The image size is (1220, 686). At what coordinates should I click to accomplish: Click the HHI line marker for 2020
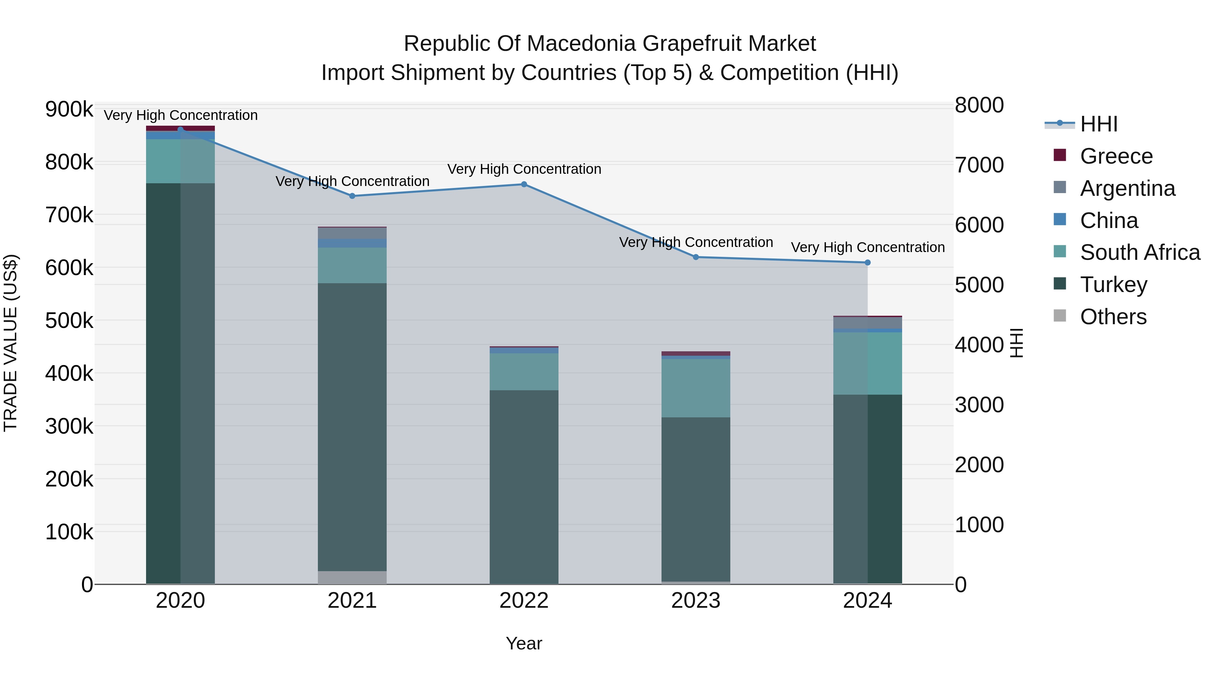click(x=180, y=129)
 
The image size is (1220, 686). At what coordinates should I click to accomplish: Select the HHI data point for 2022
click(x=524, y=184)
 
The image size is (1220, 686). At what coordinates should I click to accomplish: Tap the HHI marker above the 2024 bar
click(x=868, y=262)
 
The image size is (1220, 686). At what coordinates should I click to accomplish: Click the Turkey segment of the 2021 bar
click(x=352, y=426)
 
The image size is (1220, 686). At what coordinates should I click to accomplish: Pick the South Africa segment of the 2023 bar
click(x=696, y=388)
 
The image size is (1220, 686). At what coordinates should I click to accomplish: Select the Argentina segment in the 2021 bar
click(x=352, y=233)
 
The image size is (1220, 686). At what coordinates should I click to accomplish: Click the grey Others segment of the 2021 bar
click(x=352, y=577)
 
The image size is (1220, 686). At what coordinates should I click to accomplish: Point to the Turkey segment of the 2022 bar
click(x=524, y=487)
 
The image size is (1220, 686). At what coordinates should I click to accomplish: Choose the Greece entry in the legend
click(x=1116, y=156)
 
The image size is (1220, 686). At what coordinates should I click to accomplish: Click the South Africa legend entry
click(x=1139, y=252)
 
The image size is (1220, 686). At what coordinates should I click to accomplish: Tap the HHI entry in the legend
click(x=1098, y=124)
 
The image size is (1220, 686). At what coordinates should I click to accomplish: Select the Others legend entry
click(x=1113, y=317)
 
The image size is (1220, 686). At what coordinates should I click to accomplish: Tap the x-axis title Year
click(x=524, y=643)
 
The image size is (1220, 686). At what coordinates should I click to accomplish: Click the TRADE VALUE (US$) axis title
click(x=11, y=343)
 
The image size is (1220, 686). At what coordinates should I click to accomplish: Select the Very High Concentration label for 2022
click(x=524, y=169)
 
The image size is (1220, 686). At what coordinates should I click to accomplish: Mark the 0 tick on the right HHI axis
click(x=961, y=585)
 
